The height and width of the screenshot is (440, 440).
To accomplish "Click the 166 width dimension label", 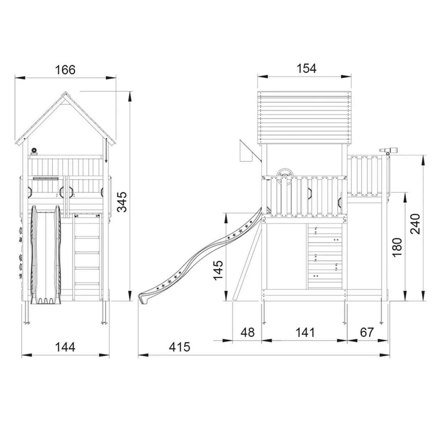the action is pyautogui.click(x=65, y=70).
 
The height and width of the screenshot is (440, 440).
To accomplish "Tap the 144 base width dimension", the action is pyautogui.click(x=65, y=347).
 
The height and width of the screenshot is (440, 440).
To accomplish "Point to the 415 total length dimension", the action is pyautogui.click(x=180, y=347).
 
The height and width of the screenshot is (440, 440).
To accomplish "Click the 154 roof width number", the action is pyautogui.click(x=307, y=68).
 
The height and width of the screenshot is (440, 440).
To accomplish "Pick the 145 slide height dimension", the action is pyautogui.click(x=218, y=270).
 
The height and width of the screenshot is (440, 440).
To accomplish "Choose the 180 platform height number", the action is pyautogui.click(x=397, y=247).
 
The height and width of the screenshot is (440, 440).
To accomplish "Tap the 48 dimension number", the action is pyautogui.click(x=248, y=332).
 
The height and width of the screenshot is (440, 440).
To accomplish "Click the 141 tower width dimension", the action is pyautogui.click(x=305, y=332).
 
